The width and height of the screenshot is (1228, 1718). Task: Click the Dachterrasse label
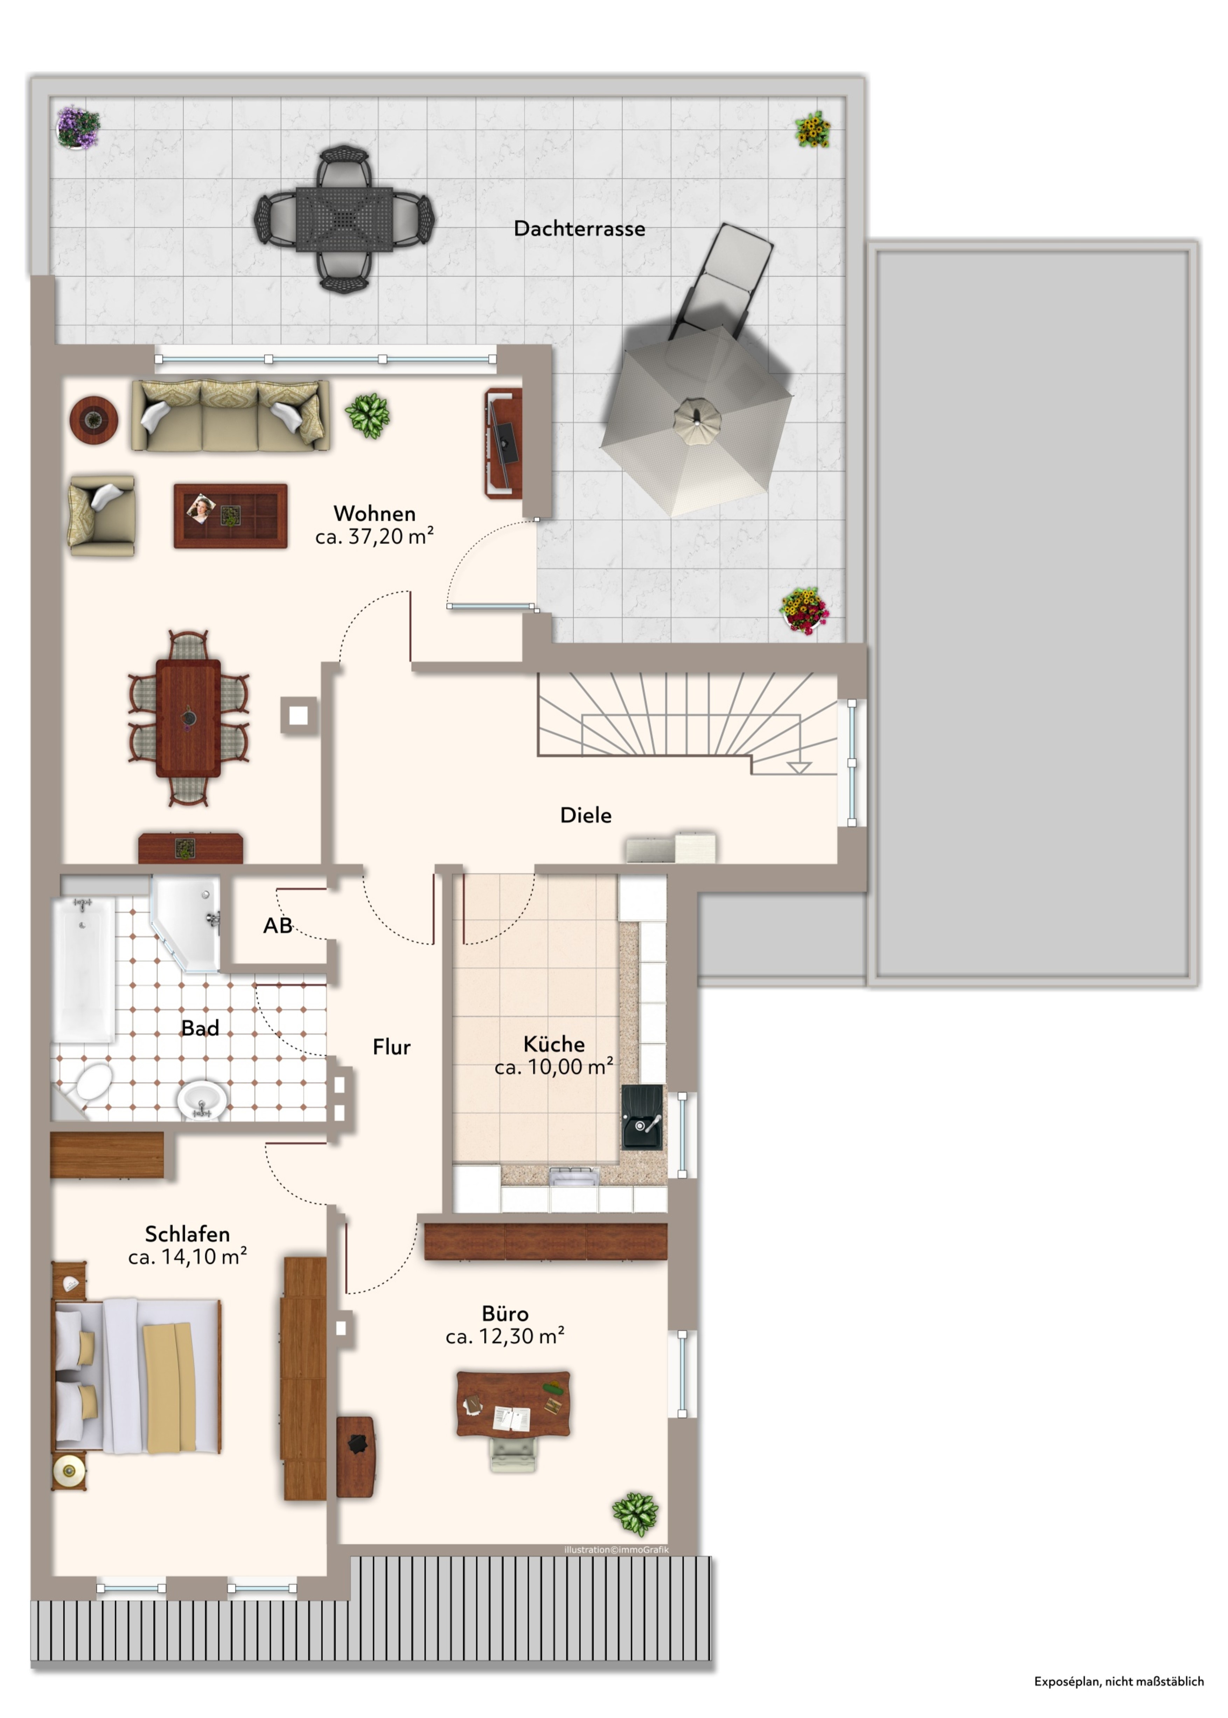coord(579,228)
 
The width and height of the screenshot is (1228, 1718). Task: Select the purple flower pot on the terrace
coord(78,127)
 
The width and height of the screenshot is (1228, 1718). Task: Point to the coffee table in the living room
coord(231,516)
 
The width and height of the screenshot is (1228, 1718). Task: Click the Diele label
coord(585,815)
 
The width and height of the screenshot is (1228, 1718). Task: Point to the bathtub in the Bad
coord(83,970)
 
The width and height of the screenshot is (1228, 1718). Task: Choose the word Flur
coord(392,1047)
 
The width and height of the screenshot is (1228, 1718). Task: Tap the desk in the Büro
coord(514,1404)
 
